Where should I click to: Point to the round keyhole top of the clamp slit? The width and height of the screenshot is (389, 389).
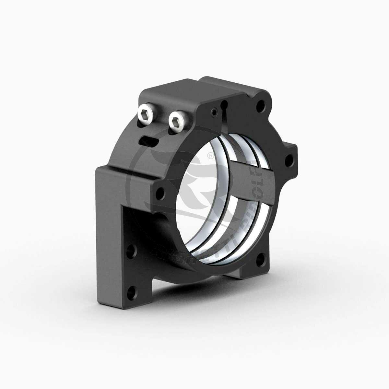tap(224, 104)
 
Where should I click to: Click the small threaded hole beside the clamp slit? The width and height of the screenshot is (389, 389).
tap(213, 112)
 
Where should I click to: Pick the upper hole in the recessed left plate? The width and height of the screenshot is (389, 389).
tap(131, 250)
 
